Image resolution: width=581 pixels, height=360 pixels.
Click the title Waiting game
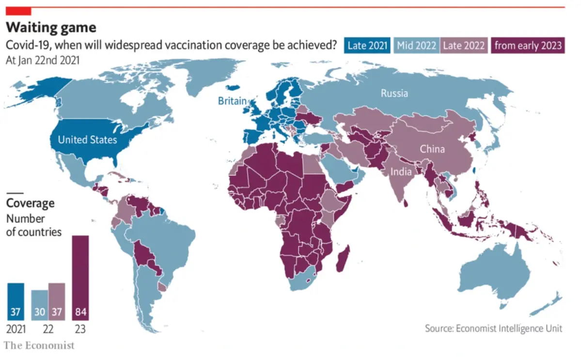coord(50,27)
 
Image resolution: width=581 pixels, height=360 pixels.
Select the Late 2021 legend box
coord(367,46)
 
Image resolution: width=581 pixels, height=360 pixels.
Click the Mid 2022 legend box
coord(416,46)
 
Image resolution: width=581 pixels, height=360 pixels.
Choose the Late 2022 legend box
coord(463,46)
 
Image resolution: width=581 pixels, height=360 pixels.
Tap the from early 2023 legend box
coord(528,46)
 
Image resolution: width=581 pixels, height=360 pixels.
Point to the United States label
coord(87,140)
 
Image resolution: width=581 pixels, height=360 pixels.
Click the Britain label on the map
coord(232,101)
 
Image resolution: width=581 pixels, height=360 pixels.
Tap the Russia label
coord(394,93)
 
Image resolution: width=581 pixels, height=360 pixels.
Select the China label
coord(432,149)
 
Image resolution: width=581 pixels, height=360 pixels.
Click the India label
coord(402,172)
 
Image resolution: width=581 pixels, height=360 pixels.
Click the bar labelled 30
coord(40,305)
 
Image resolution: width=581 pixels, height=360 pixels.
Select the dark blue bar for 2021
coord(16,301)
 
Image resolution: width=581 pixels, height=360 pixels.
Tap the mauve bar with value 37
coord(57,301)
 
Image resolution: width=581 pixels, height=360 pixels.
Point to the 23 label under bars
coord(80,329)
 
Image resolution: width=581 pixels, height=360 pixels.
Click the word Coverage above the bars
coord(30,203)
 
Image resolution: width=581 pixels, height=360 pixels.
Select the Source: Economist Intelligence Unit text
coord(493,329)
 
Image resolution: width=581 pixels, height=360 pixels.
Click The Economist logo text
coord(40,345)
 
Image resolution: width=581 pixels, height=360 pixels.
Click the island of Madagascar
coord(343,259)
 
